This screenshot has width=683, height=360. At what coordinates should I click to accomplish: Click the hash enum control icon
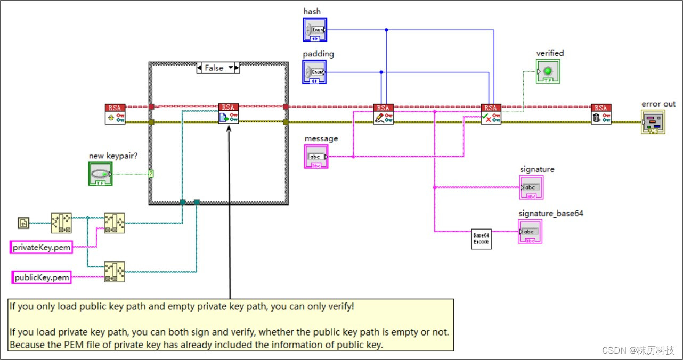click(314, 30)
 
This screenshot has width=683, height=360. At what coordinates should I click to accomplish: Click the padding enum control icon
click(314, 72)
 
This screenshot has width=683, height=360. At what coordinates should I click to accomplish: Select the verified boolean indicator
click(548, 71)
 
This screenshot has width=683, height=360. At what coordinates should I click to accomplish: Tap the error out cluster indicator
click(653, 122)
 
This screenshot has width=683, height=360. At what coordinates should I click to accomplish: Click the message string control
click(316, 157)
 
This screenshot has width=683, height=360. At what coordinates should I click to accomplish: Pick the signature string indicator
click(531, 187)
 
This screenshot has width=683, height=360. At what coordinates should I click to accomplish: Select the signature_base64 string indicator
click(530, 232)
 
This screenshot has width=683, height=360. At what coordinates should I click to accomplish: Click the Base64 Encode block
click(481, 239)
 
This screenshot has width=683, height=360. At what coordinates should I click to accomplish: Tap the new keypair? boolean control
click(100, 174)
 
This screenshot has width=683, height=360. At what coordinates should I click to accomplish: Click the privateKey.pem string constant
click(42, 247)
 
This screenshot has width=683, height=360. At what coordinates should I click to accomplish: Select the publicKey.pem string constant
click(42, 277)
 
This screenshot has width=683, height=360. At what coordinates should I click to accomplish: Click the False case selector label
click(214, 68)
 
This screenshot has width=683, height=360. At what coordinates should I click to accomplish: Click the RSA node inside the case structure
click(229, 114)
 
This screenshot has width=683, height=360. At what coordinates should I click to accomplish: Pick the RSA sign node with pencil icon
click(384, 114)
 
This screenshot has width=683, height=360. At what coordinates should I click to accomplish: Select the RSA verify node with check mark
click(491, 114)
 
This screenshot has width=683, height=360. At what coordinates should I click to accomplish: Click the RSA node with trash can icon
click(601, 114)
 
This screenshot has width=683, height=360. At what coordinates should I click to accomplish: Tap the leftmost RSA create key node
click(115, 114)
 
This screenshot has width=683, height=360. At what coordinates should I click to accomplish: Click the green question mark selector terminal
click(151, 174)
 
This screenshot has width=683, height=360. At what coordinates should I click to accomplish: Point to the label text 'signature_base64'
click(551, 214)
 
